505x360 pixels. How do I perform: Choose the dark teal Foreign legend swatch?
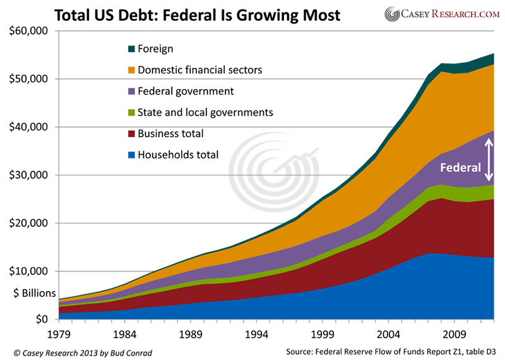point(131,49)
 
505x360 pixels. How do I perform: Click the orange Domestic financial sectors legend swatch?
point(131,70)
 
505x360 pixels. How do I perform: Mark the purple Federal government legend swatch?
point(131,92)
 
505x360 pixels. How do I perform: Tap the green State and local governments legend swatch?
point(131,112)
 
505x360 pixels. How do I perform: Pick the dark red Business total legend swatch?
point(131,134)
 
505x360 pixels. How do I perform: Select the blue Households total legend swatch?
point(131,155)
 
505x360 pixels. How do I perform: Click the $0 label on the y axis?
point(44,319)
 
